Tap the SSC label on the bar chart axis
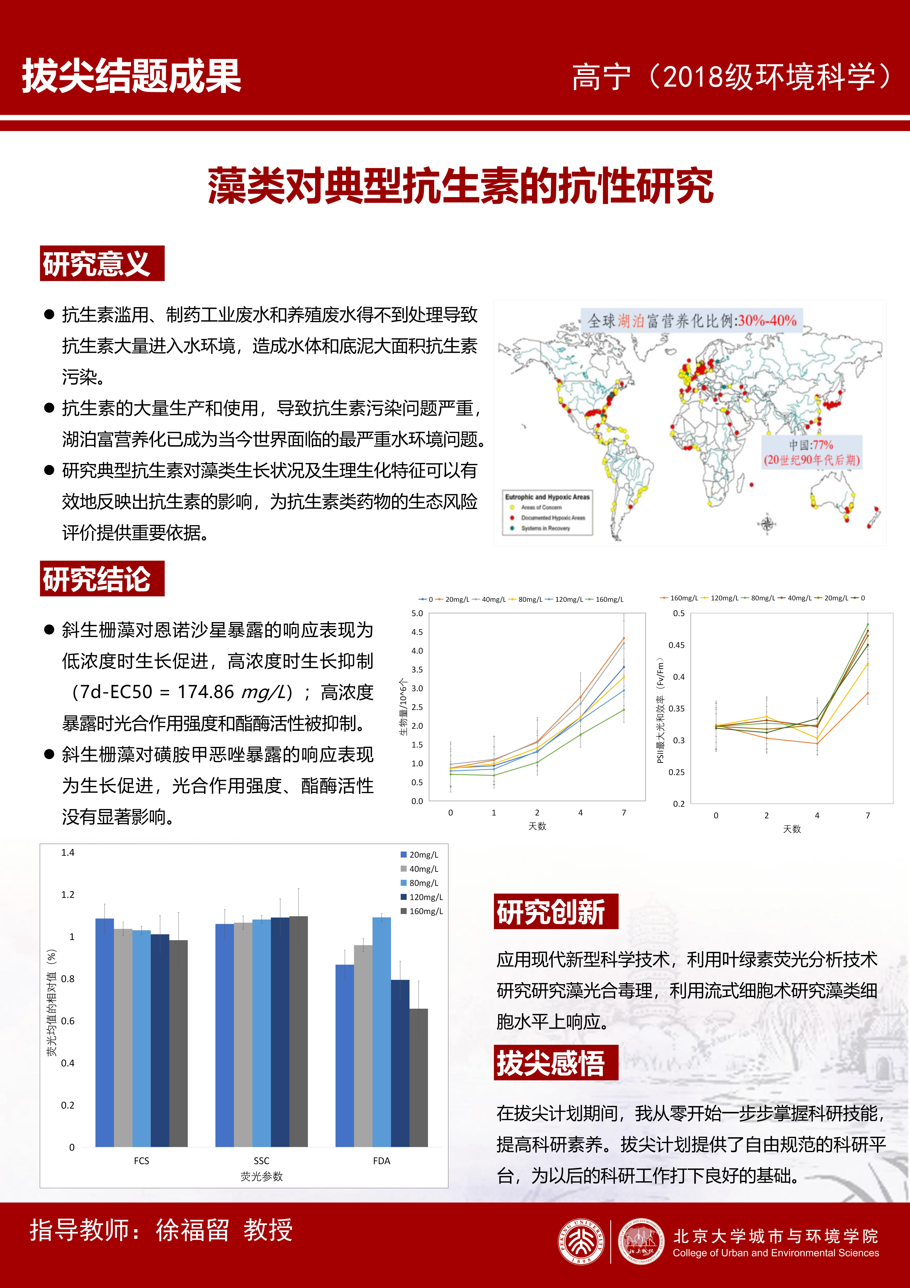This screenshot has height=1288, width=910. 261,1161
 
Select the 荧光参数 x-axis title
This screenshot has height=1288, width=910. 261,1176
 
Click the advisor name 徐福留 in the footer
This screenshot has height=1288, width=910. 192,1230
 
